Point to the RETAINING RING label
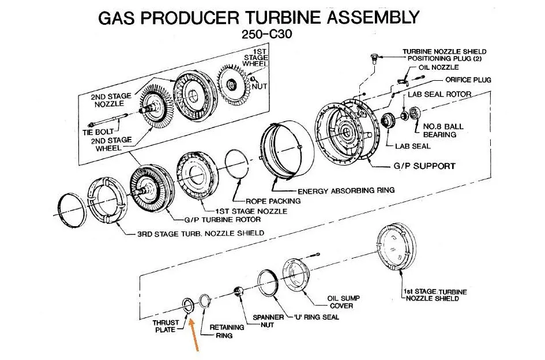[227, 331]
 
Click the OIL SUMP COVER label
[344, 302]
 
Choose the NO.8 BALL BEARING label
[443, 130]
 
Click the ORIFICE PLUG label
[468, 80]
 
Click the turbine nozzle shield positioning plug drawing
[374, 58]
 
